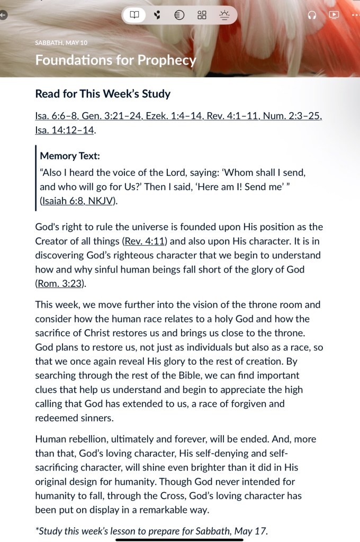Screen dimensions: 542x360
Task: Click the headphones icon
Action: [312, 15]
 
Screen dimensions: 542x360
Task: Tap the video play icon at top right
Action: [334, 15]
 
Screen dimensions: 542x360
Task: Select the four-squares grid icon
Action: [202, 15]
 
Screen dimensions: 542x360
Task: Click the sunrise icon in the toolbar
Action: [224, 15]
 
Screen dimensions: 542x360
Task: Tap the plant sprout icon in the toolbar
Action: [157, 15]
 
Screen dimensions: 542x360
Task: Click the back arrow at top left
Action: [3, 15]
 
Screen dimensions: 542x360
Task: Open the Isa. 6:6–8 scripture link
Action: [58, 116]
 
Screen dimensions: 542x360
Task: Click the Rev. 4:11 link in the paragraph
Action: [145, 241]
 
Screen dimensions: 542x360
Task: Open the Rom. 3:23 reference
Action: [60, 283]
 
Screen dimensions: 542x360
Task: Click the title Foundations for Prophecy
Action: [115, 60]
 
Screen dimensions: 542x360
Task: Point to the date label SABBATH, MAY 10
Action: [61, 43]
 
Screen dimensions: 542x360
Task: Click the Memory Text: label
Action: [69, 156]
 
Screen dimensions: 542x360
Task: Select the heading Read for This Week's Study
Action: [103, 94]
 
